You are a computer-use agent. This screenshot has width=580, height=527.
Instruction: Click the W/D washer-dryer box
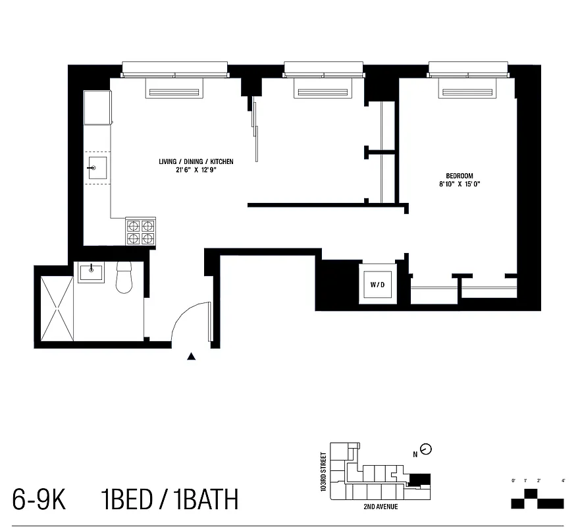pos(377,285)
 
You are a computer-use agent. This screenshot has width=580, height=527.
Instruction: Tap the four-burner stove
pos(142,231)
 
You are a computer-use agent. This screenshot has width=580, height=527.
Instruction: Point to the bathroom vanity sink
pos(91,271)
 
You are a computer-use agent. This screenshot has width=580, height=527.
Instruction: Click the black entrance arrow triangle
pos(192,356)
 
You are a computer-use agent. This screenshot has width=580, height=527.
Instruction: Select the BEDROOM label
pos(460,175)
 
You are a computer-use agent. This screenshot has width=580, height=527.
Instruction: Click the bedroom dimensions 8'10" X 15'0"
pos(460,184)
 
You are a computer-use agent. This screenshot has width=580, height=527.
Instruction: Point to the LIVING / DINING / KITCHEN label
pos(196,161)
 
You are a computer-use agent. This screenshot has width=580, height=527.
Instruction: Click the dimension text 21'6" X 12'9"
pos(196,171)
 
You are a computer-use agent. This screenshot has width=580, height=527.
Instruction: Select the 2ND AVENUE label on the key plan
pos(381,507)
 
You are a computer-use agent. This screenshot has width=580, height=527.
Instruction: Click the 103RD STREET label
pos(323,472)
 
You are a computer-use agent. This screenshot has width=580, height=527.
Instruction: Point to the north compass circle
pos(426,449)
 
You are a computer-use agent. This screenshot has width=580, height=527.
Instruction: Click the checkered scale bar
pos(537,501)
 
